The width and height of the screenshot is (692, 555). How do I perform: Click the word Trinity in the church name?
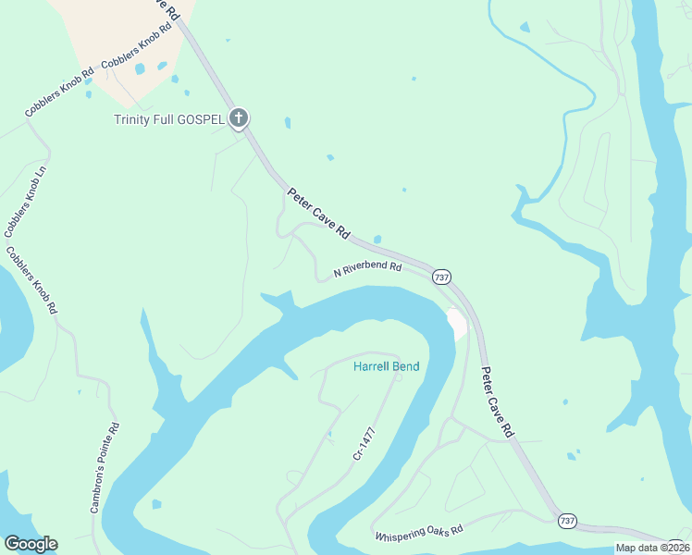pyautogui.click(x=132, y=119)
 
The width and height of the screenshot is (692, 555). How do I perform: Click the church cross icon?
pyautogui.click(x=239, y=117)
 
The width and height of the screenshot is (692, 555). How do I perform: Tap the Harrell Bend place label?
pyautogui.click(x=387, y=367)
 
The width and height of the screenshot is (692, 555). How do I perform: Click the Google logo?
pyautogui.click(x=31, y=544)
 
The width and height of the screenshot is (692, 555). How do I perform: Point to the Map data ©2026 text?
pyautogui.click(x=652, y=548)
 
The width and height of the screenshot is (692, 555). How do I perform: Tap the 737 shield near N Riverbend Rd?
pyautogui.click(x=441, y=277)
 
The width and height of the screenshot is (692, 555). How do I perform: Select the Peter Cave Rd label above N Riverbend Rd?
pyautogui.click(x=318, y=215)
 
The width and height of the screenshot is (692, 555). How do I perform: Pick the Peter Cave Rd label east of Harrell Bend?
pyautogui.click(x=497, y=401)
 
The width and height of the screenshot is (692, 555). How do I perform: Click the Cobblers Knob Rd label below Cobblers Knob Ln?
pyautogui.click(x=31, y=279)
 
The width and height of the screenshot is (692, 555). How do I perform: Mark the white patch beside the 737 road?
pyautogui.click(x=457, y=323)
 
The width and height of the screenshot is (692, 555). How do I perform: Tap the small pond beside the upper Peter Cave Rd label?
pyautogui.click(x=377, y=240)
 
